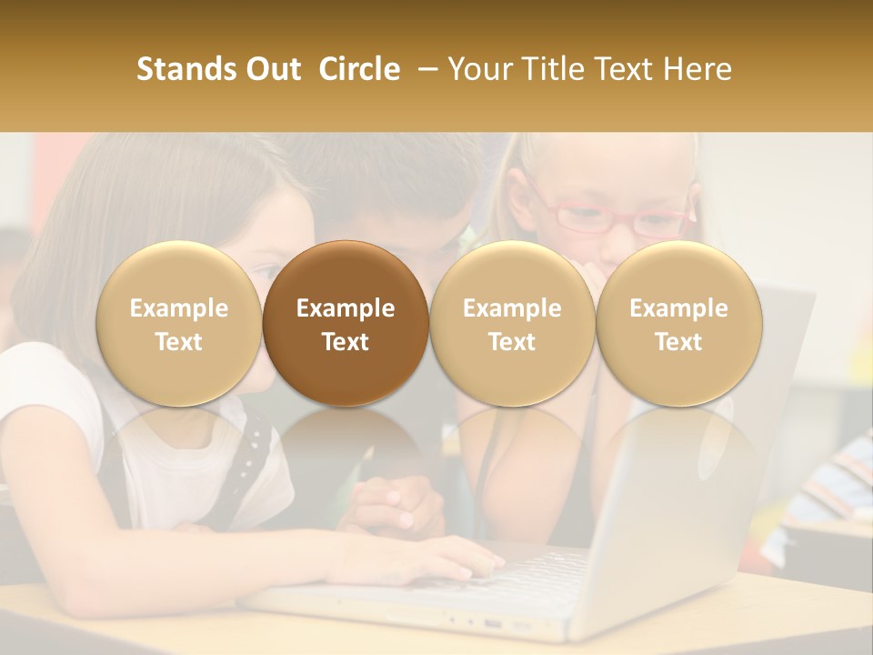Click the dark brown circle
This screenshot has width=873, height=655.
click(x=346, y=323)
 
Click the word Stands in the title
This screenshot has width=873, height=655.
click(x=188, y=69)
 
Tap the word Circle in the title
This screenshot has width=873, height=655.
click(x=359, y=69)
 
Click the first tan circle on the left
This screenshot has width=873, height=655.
click(x=179, y=323)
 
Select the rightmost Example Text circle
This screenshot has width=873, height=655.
click(x=678, y=323)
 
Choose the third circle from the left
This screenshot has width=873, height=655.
click(x=512, y=323)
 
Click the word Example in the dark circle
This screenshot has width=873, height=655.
click(x=346, y=308)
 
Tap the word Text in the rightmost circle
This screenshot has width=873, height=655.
click(x=678, y=342)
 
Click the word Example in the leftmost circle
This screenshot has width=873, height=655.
click(x=179, y=308)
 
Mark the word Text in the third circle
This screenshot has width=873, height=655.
click(x=512, y=342)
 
